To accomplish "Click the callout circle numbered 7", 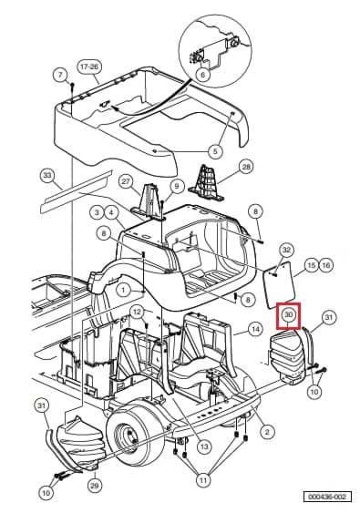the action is (x=60, y=75).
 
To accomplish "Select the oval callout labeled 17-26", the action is (x=89, y=67).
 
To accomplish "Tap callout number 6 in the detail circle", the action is (x=202, y=75).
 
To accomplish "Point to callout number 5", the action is (x=215, y=151).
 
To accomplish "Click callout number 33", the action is (x=47, y=176).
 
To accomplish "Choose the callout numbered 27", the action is (x=126, y=182).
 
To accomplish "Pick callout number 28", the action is (x=246, y=167).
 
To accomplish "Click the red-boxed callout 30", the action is (x=288, y=315).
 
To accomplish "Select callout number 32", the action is (x=286, y=251).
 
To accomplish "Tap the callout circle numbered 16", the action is (x=325, y=265).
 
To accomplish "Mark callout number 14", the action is (x=255, y=329).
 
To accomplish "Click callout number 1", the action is (x=123, y=290).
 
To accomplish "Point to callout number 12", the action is (x=137, y=312).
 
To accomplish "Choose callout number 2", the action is (x=267, y=432).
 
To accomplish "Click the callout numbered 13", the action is (x=204, y=446).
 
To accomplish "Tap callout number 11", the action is (x=203, y=480).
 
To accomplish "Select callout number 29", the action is (x=94, y=486).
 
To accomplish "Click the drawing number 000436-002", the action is (x=327, y=497).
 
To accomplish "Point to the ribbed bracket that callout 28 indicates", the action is (x=207, y=182).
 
